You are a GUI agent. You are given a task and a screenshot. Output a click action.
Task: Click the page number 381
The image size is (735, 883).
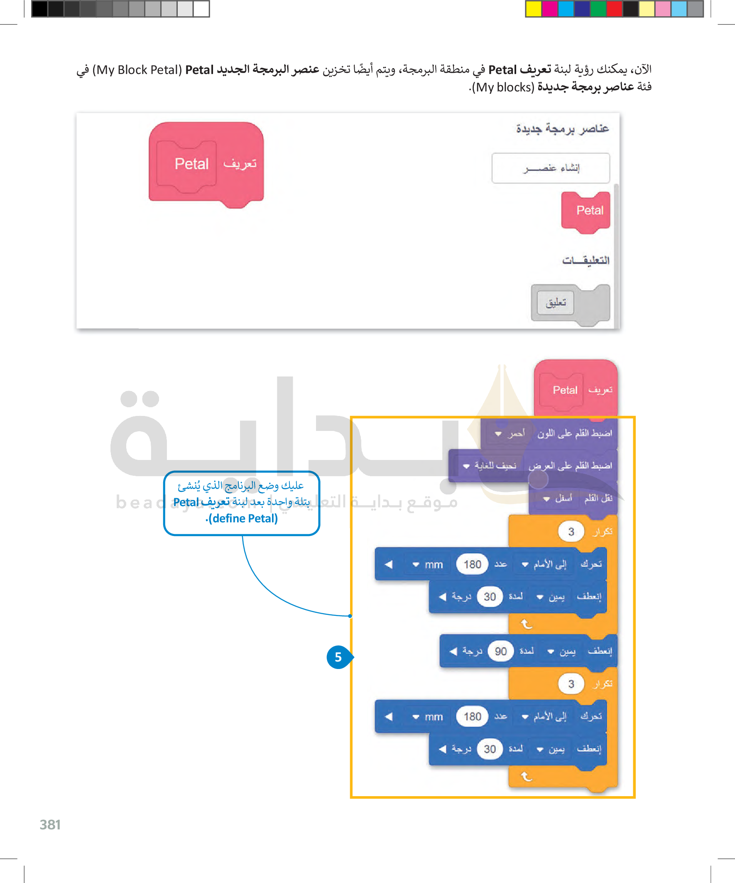[50, 824]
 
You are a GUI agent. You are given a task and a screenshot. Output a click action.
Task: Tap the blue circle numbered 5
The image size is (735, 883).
[338, 657]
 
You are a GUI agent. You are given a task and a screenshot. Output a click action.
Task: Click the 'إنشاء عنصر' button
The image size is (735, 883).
[551, 168]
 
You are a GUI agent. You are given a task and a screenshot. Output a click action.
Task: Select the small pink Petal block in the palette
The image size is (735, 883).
[586, 211]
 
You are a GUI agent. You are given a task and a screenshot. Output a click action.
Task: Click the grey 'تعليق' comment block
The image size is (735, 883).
[556, 303]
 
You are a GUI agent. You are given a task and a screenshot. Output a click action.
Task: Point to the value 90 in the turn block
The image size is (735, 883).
[500, 651]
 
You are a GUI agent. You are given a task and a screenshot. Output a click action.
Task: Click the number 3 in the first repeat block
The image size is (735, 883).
[571, 532]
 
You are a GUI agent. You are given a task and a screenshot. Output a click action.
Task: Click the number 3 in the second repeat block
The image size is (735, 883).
[571, 684]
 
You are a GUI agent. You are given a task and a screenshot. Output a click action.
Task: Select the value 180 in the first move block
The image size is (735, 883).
[472, 564]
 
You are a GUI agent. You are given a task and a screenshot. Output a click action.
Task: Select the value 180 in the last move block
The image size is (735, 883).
[472, 716]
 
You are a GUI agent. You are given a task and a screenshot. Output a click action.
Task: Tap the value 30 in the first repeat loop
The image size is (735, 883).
[490, 597]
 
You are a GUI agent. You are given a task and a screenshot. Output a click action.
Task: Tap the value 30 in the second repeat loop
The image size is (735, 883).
[490, 749]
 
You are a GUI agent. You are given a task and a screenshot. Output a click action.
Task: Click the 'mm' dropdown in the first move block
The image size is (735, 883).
[428, 565]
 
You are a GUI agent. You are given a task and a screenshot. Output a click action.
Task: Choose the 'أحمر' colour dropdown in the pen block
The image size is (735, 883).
[510, 433]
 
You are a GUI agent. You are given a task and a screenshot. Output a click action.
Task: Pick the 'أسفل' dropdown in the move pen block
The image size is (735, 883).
[558, 499]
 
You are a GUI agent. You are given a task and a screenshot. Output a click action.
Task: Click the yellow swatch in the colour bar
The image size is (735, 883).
[534, 9]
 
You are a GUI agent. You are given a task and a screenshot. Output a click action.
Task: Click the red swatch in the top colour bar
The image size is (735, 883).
[615, 9]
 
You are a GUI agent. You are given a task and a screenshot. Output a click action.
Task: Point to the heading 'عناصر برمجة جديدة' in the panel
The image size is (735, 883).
[562, 128]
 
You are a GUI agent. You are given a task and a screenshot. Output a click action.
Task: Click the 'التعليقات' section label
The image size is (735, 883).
[586, 260]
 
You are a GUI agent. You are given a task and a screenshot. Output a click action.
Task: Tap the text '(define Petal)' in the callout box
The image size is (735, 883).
[243, 519]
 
